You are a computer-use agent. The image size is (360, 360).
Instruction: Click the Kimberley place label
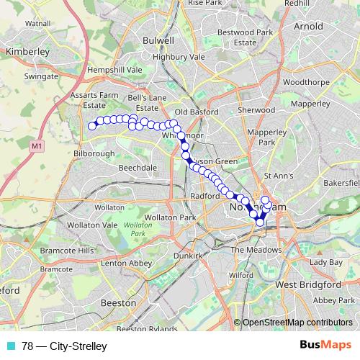click(26, 52)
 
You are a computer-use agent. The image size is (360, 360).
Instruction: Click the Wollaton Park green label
click(133, 230)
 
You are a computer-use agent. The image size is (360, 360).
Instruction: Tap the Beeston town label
click(118, 303)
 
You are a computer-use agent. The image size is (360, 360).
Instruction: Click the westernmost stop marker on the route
click(92, 127)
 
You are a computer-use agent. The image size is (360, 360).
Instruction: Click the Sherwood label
click(257, 110)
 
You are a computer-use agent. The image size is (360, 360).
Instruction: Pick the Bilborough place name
click(93, 154)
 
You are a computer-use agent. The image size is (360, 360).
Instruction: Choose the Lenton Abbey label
click(126, 264)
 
